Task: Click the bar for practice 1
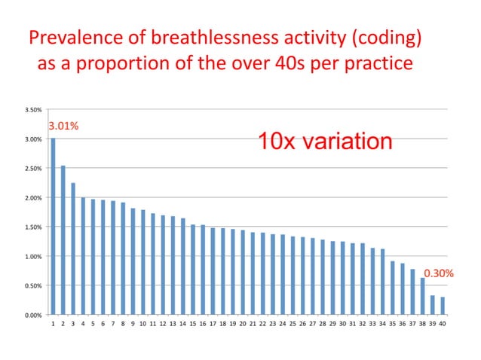tap(53, 226)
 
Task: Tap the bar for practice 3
tap(73, 249)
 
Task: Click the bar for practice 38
tap(423, 296)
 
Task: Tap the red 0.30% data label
tap(438, 273)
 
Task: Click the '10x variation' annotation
tap(325, 141)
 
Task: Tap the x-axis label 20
tap(243, 324)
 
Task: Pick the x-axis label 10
tap(142, 324)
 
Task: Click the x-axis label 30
tap(343, 324)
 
